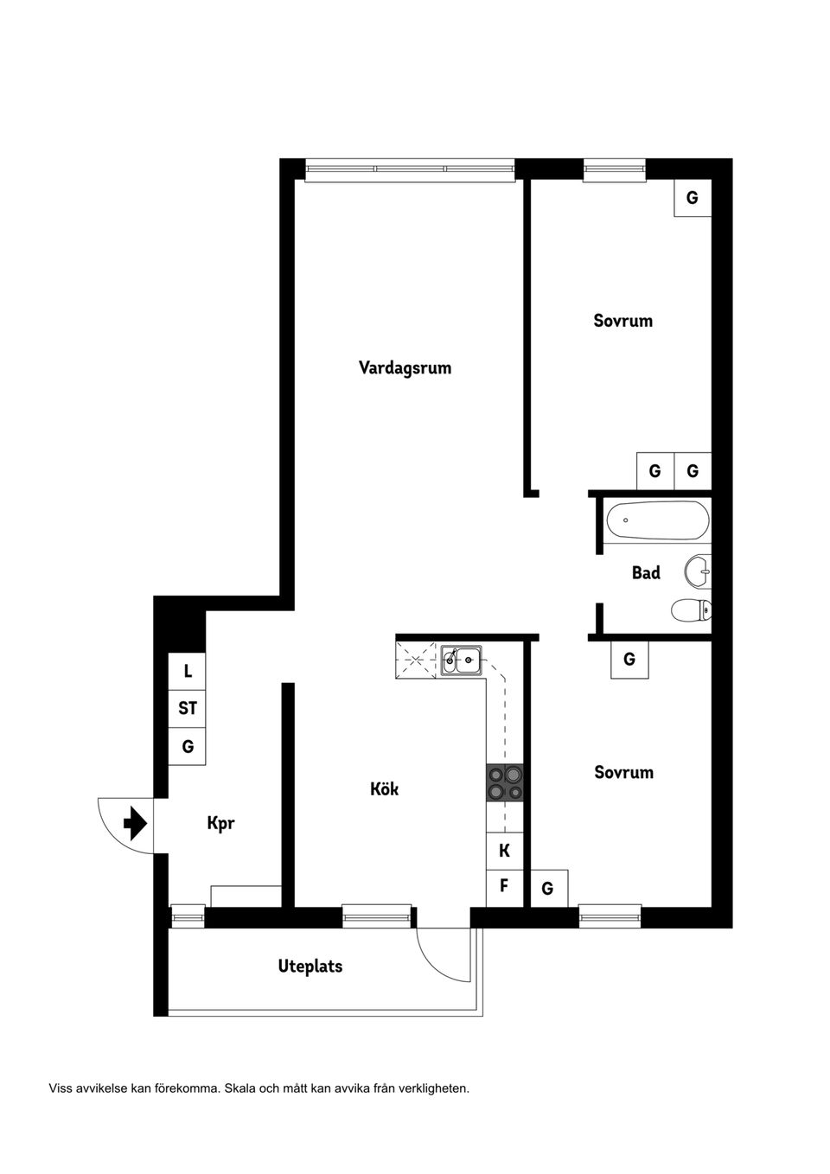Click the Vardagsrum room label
pos(405,368)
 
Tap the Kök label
pos(384,789)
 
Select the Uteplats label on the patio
pos(310,967)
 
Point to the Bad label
pos(646,572)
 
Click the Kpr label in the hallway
pos(220,823)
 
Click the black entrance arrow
pos(134,823)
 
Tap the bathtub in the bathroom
pos(657,521)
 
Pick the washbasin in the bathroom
pos(698,571)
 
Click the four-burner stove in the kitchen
pos(505,783)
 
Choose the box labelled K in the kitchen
pos(505,852)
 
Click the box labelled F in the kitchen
pos(505,887)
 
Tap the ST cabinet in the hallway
pos(188,709)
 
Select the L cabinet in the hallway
pos(188,672)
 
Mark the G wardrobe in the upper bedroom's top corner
pos(693,198)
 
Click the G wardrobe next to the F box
pos(548,889)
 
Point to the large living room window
pos(410,169)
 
